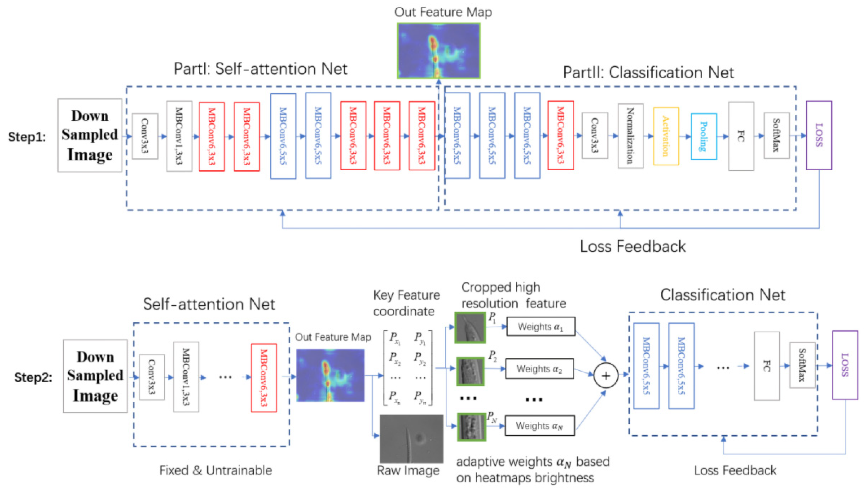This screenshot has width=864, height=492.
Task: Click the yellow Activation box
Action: (665, 136)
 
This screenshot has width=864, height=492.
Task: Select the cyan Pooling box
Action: (704, 136)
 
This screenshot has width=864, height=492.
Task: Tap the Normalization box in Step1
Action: (630, 136)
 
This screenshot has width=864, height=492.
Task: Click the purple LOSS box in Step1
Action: (818, 135)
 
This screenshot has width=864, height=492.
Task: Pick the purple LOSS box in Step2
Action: (844, 365)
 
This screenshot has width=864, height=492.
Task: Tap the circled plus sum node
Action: (606, 376)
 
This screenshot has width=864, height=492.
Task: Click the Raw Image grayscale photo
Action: (411, 438)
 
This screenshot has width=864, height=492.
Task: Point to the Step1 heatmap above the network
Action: (438, 51)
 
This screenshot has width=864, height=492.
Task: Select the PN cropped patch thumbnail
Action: (471, 427)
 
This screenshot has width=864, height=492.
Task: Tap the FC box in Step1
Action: (741, 136)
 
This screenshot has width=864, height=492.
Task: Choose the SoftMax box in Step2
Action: (802, 365)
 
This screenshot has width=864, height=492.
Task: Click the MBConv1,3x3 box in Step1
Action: (179, 136)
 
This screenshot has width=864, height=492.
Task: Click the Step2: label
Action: (33, 377)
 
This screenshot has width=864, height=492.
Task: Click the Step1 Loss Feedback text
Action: (633, 246)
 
